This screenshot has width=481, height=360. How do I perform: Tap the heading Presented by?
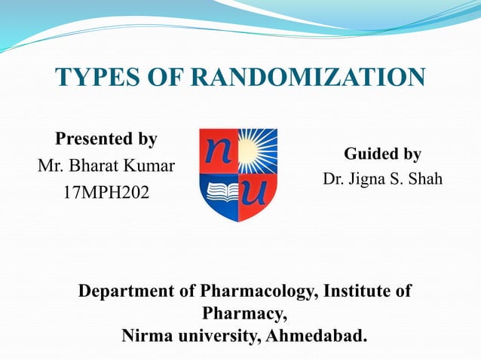106,139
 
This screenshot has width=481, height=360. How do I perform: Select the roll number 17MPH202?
106,193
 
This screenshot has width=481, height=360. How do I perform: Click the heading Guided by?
382,154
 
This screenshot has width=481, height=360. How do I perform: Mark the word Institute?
359,291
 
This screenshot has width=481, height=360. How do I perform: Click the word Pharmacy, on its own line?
244,312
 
